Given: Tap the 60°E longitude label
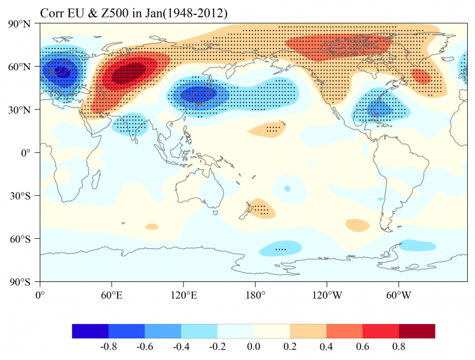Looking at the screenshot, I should tap(111, 295).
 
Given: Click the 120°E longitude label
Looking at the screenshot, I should tap(183, 295).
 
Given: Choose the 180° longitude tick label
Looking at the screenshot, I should tap(255, 295).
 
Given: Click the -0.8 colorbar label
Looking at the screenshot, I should tap(108, 346).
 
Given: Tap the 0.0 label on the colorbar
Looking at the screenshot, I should tap(253, 346).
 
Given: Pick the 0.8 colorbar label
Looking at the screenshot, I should tap(398, 346).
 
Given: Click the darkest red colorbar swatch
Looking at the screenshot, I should tap(417, 331).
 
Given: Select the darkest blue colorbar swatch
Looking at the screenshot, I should tap(90, 331).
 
